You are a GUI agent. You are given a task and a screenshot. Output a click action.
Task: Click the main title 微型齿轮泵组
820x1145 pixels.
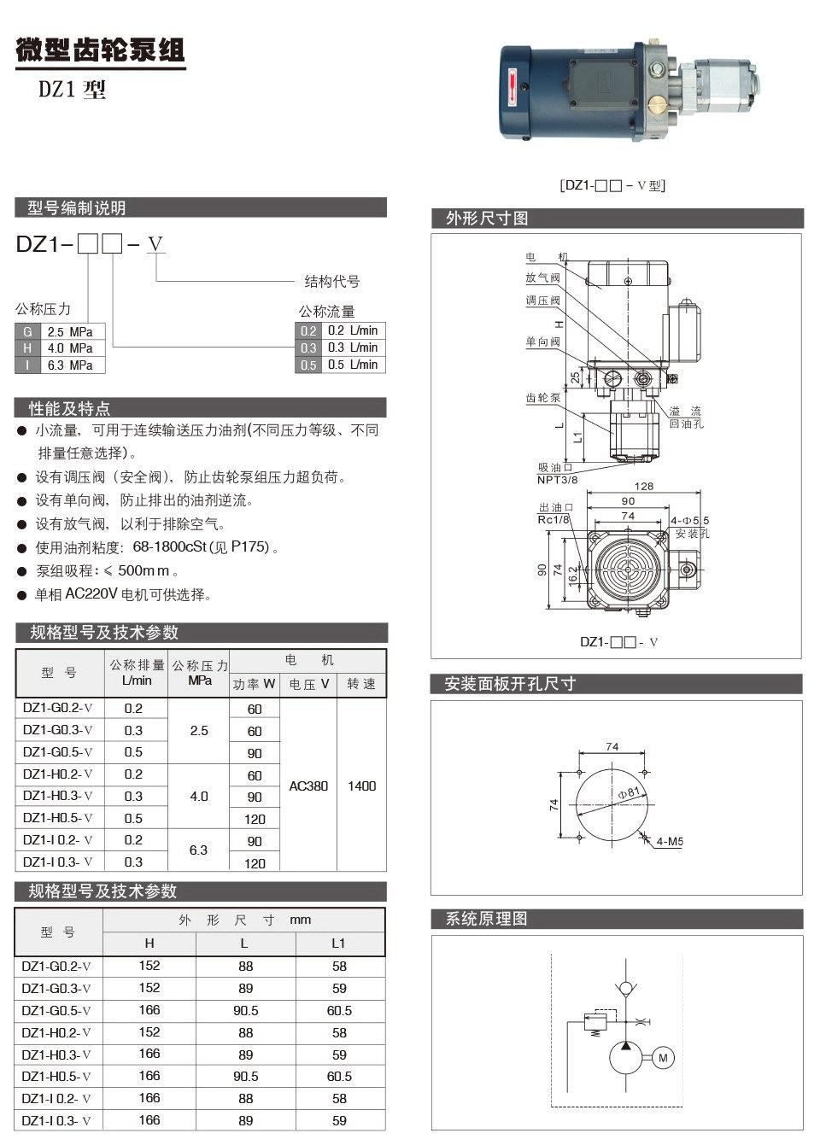[101, 50]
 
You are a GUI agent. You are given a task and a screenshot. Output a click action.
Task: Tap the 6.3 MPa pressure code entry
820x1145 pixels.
[69, 365]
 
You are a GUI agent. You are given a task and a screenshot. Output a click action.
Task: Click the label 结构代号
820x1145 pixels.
[332, 281]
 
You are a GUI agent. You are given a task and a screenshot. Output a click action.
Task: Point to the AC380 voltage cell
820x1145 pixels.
[308, 786]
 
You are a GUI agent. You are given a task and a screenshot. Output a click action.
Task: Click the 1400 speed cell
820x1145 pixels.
[361, 786]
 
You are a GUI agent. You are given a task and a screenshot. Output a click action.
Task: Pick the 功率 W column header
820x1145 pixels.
[255, 684]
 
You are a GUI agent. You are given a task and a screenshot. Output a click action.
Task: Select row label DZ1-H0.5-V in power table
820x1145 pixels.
[58, 818]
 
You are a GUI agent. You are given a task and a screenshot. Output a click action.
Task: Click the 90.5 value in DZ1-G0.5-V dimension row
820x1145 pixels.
[246, 1010]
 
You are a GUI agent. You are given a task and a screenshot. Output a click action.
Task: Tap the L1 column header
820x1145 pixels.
[339, 943]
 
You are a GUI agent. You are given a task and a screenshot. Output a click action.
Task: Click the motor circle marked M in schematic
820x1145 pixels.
[664, 1058]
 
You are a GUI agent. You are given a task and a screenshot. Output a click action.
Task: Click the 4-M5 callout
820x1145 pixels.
[670, 842]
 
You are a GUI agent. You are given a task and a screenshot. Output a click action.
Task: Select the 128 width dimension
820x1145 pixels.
[644, 486]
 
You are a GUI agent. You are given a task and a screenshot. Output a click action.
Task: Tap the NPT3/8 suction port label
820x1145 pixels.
[557, 479]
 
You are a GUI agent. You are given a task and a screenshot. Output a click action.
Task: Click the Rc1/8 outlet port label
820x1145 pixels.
[553, 519]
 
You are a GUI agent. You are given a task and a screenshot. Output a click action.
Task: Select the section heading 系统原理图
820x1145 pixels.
[487, 919]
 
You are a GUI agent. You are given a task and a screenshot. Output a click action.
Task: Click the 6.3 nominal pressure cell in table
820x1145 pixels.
[198, 850]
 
